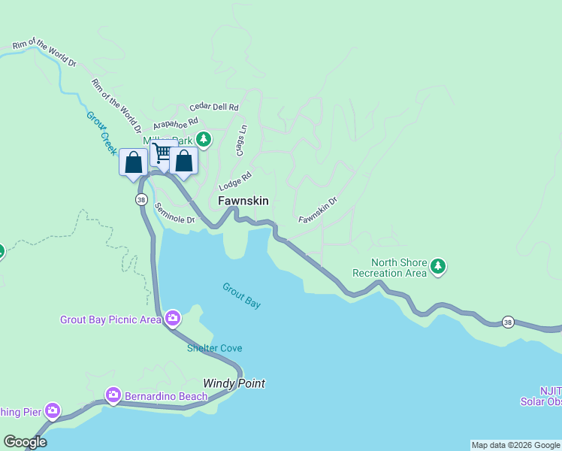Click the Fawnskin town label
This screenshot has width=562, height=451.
click(x=243, y=201)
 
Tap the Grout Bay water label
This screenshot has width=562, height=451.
click(x=241, y=295)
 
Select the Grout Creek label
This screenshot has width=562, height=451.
click(x=101, y=133)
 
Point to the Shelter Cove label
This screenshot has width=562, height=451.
click(x=214, y=348)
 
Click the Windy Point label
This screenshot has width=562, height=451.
click(x=234, y=383)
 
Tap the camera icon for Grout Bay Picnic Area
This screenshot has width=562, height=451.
click(x=173, y=319)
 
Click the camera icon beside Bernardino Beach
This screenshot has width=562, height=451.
click(x=113, y=395)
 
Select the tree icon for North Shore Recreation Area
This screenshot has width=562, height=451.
click(x=438, y=266)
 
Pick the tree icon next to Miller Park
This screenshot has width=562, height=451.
click(x=203, y=139)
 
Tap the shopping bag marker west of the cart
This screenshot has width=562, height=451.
click(x=133, y=162)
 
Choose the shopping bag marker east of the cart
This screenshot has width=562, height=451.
click(x=184, y=160)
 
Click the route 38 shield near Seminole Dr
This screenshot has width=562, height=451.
click(x=141, y=199)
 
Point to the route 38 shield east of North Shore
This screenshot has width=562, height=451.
click(x=509, y=321)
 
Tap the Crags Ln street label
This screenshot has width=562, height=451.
click(x=241, y=141)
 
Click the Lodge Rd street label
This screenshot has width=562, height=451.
click(x=234, y=180)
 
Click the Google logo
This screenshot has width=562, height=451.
click(x=25, y=442)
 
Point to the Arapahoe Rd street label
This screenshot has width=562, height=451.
click(x=175, y=123)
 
